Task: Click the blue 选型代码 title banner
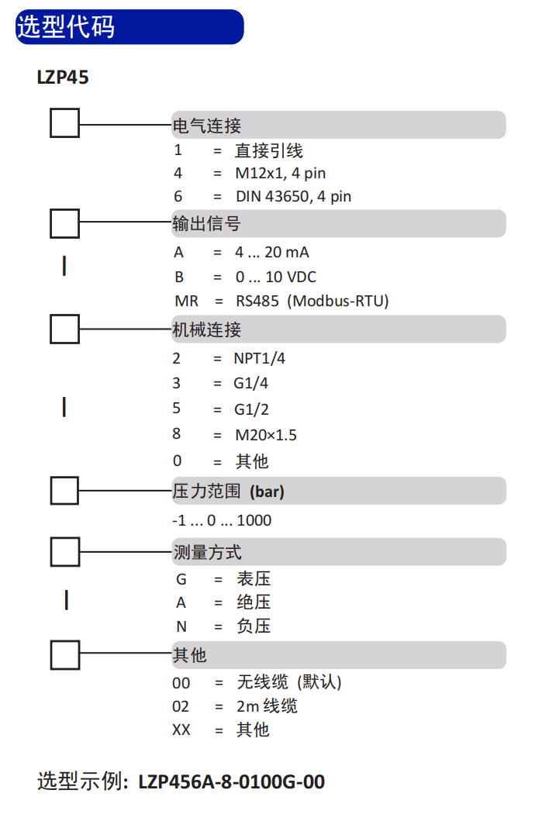(x=129, y=26)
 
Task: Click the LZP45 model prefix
(x=63, y=78)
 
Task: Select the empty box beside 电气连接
(x=65, y=123)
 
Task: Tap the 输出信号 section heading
(x=207, y=224)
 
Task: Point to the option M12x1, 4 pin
(x=281, y=173)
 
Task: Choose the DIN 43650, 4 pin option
(x=293, y=196)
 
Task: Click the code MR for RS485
(x=186, y=301)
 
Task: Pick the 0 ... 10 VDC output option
(x=276, y=278)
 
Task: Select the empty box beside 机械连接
(x=65, y=329)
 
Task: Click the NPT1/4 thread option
(x=260, y=358)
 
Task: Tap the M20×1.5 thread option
(x=266, y=435)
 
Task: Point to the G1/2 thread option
(x=251, y=409)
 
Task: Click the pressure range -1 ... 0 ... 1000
(x=222, y=520)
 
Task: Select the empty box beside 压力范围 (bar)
(x=65, y=491)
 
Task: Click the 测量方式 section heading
(x=207, y=552)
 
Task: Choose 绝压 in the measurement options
(x=254, y=602)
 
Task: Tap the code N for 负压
(x=181, y=626)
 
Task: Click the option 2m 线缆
(x=267, y=706)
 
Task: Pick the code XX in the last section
(x=181, y=730)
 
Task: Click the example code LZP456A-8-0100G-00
(x=232, y=781)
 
